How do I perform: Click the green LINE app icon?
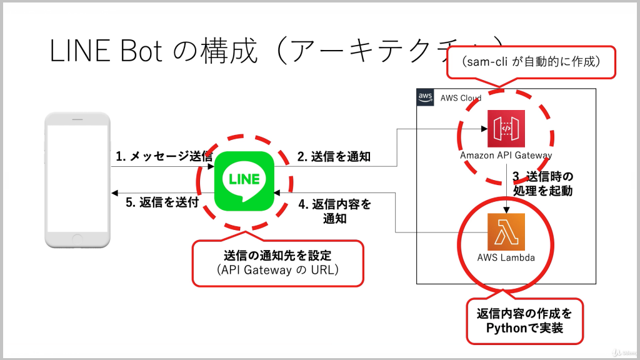(244, 182)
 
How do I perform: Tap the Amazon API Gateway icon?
(506, 128)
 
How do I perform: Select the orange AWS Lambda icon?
(506, 232)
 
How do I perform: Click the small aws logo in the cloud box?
(426, 97)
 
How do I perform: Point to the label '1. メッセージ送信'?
(164, 157)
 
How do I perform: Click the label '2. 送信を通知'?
(333, 157)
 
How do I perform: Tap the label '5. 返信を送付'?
(162, 202)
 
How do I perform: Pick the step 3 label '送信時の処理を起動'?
(542, 183)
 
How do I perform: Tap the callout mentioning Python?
(524, 319)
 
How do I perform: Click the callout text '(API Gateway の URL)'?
(277, 270)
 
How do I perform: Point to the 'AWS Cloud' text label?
(461, 98)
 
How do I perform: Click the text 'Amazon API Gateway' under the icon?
(506, 156)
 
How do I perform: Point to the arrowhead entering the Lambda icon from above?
(506, 210)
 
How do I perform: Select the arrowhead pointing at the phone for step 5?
(113, 192)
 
